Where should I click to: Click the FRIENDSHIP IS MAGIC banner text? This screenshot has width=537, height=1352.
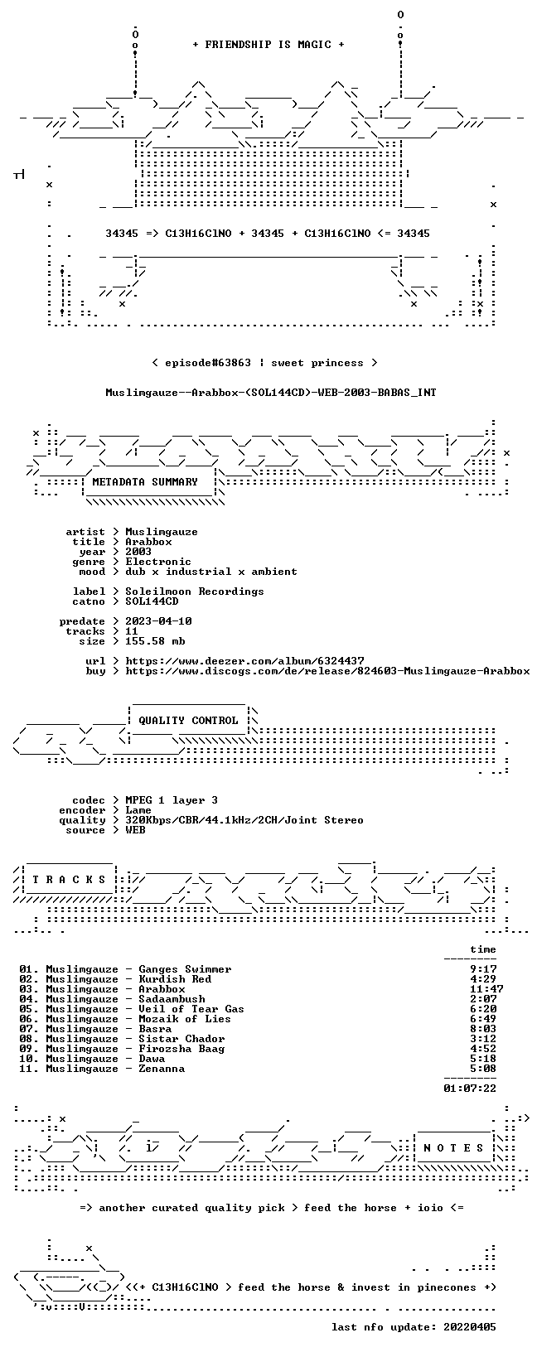coord(268,45)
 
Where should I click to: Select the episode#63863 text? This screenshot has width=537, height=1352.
coord(208,363)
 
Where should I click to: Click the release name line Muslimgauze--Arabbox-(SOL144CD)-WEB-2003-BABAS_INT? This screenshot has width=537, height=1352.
coord(271,393)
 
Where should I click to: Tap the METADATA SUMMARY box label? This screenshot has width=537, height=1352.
coord(145,481)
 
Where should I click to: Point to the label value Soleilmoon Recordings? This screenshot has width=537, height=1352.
coord(195,591)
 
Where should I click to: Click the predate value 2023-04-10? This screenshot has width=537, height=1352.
coord(158,621)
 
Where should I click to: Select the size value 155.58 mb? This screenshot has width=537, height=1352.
coord(155,641)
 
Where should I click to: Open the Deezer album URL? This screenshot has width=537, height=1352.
coord(244,661)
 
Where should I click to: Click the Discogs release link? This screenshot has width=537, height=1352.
coord(327,670)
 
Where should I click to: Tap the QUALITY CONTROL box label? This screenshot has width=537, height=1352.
coord(188,720)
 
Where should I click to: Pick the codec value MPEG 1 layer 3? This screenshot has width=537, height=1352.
coord(172,800)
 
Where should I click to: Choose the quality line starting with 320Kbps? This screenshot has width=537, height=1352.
coord(244,820)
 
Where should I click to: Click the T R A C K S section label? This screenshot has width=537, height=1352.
coord(69,880)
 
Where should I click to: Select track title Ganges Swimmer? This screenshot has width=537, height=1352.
coord(185,969)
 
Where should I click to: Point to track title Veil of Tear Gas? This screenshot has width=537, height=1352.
coord(191,1009)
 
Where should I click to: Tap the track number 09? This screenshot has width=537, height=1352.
coord(27,1049)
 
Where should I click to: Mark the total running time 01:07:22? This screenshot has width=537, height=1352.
coord(470,1089)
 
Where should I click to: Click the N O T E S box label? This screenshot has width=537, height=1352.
coord(453,1147)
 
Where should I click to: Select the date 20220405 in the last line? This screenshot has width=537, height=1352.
coord(470,1326)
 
